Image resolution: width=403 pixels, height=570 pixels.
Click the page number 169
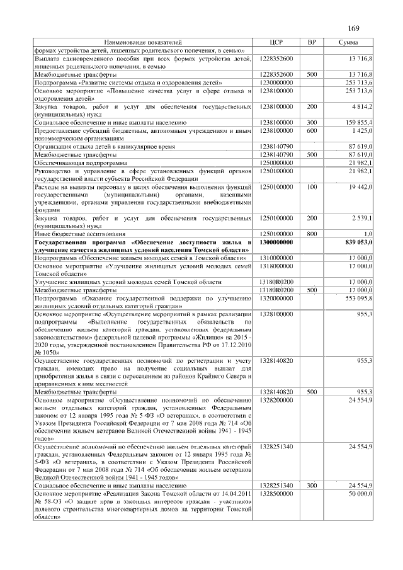coord(353,29)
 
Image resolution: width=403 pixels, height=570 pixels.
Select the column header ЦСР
coord(276,42)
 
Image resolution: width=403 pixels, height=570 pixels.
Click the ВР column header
coord(311,42)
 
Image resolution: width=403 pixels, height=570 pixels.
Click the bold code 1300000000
coord(276,242)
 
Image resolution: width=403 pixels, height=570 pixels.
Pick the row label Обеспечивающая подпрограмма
coord(75,162)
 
